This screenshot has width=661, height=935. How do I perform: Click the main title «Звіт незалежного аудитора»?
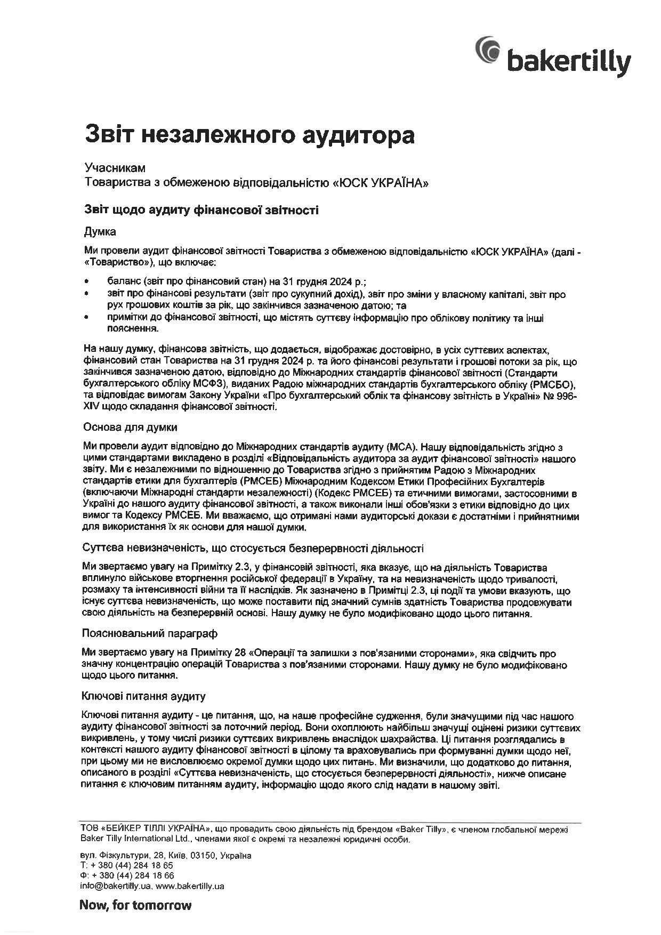[249, 134]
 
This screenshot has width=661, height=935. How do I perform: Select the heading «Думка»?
[100, 232]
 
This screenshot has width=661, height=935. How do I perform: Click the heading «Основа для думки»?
[130, 427]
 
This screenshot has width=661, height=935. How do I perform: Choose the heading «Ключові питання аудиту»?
[143, 696]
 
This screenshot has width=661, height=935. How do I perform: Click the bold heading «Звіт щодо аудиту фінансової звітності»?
[201, 210]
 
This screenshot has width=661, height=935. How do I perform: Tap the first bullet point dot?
[87, 279]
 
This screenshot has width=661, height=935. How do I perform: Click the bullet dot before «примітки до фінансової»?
[87, 318]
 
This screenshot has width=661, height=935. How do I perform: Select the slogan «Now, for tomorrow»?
[135, 905]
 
